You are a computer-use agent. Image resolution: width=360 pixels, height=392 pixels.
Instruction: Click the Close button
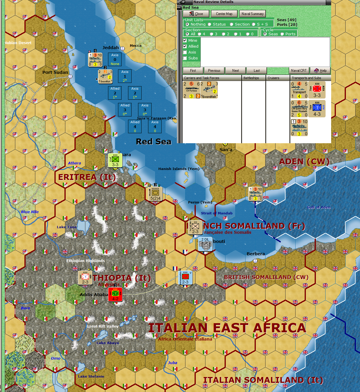click(196, 14)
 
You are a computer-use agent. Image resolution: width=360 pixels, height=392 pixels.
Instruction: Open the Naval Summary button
click(252, 14)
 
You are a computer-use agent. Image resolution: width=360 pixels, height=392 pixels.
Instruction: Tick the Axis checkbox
click(185, 52)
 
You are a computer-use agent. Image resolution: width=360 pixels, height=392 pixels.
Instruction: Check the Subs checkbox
click(185, 58)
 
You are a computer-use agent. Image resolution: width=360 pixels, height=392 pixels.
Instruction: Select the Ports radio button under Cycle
click(282, 34)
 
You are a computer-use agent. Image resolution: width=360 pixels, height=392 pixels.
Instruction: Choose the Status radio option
click(210, 24)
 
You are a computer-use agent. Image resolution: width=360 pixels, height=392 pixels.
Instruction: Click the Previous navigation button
click(214, 71)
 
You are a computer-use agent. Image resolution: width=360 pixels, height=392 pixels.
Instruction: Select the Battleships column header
click(251, 78)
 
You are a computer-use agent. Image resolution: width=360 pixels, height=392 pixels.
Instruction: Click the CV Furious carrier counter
click(191, 90)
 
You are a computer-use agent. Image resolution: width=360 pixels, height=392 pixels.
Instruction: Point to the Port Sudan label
click(55, 72)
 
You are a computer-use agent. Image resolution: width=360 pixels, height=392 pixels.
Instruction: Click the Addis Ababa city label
click(94, 295)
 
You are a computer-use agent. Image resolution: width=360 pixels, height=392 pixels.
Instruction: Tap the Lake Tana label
click(67, 227)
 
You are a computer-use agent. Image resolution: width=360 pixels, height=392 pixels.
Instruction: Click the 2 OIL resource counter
click(205, 244)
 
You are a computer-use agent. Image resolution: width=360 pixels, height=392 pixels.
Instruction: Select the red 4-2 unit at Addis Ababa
click(115, 294)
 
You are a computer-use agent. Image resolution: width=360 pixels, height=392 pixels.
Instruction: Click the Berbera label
click(256, 254)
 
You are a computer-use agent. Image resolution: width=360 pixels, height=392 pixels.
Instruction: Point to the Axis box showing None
click(115, 59)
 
